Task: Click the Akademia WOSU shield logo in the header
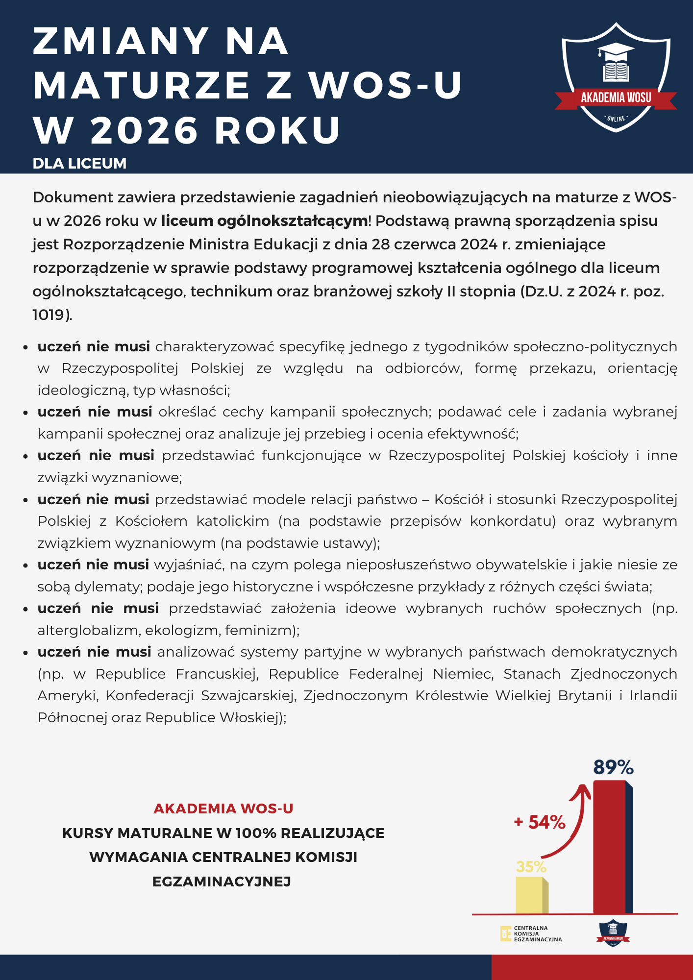coord(616,78)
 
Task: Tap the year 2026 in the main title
coord(144,131)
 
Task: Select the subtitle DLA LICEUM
coord(79,164)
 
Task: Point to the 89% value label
coord(613,767)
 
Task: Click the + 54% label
coord(540,822)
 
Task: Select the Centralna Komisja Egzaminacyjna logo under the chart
coord(531,933)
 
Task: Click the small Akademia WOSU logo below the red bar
coord(613,933)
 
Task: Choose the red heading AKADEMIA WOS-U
coord(223,808)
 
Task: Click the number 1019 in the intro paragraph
coord(49,315)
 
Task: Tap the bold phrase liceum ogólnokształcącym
coord(264,221)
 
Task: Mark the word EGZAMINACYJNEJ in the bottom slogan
coord(222,882)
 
